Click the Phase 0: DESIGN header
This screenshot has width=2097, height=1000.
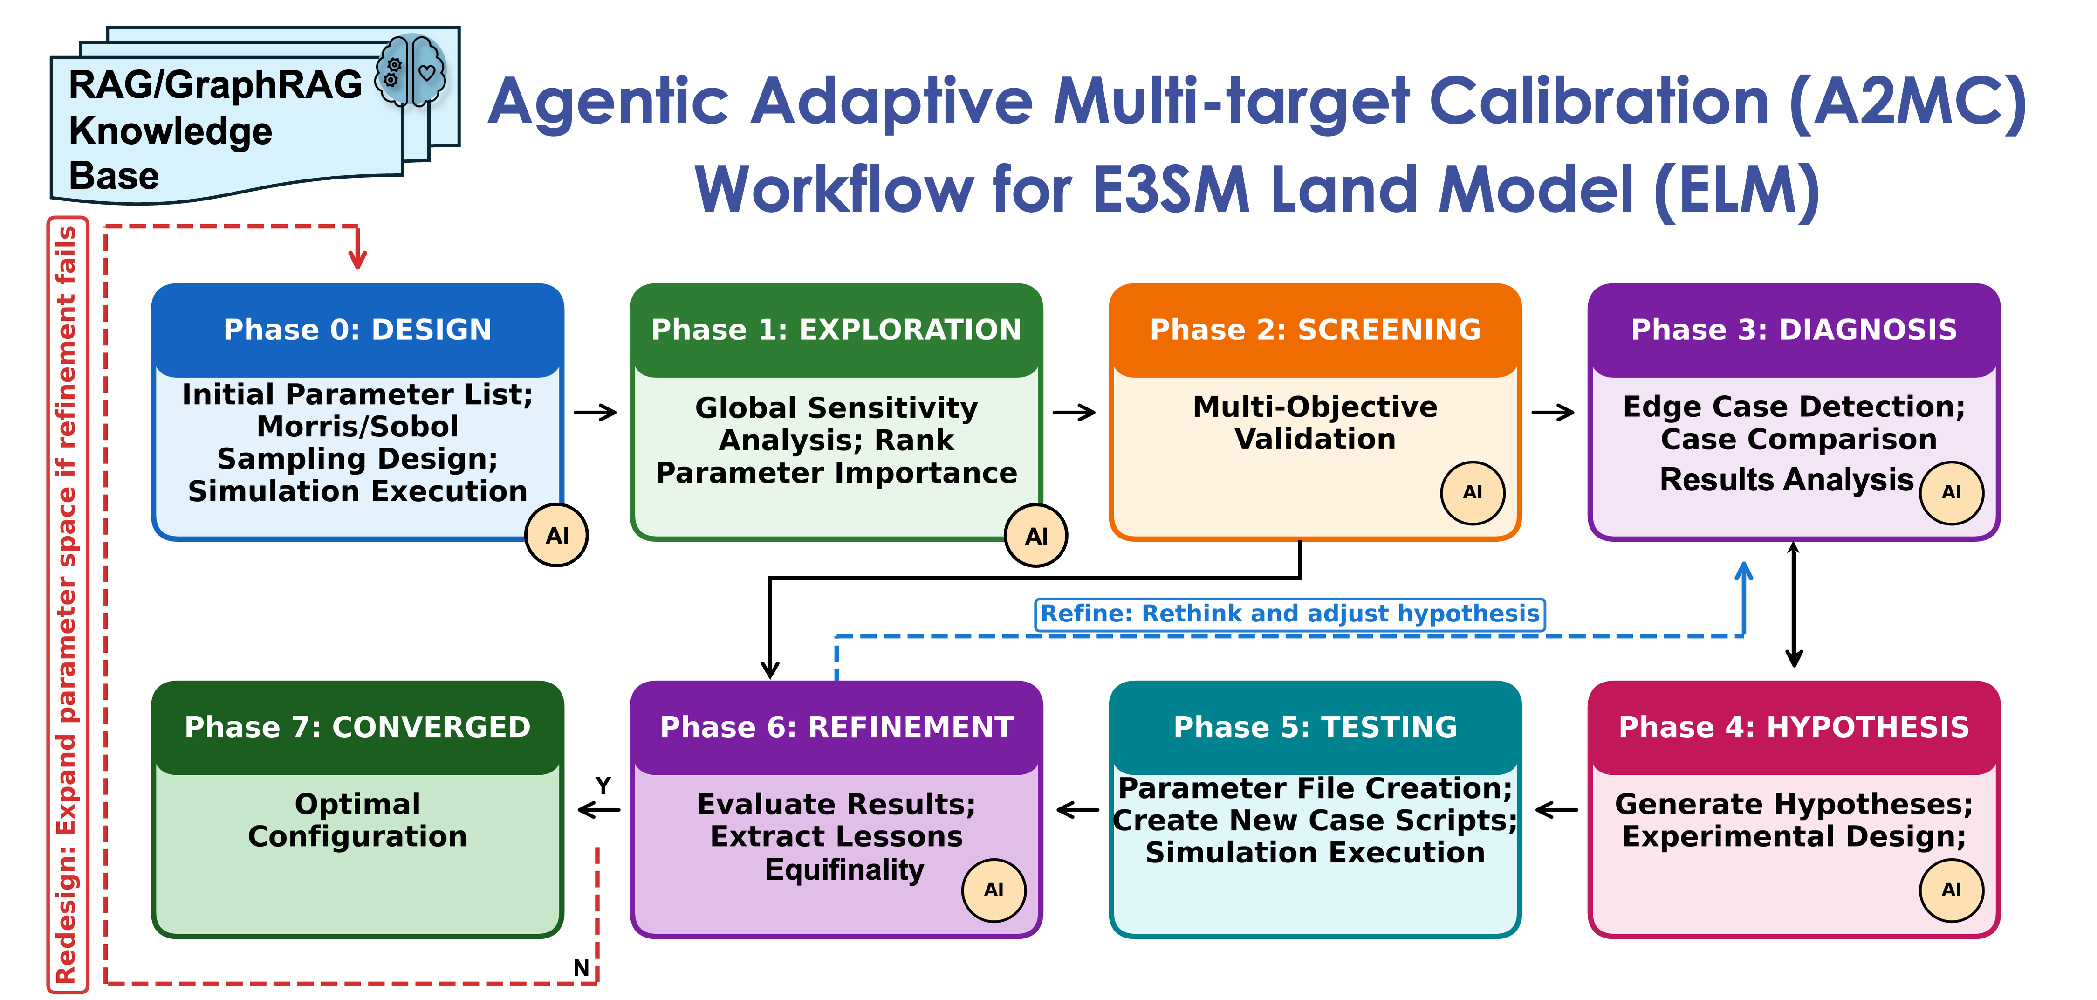(357, 330)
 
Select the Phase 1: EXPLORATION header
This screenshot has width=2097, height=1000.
(836, 330)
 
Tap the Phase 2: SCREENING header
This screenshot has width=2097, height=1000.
(1315, 330)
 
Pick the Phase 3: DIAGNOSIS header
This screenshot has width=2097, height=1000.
(1793, 330)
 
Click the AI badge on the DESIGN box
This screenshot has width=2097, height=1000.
(557, 536)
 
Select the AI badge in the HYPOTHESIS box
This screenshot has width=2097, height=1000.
(1951, 889)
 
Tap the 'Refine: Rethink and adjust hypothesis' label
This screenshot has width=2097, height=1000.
(1289, 613)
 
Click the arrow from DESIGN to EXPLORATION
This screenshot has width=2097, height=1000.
(596, 413)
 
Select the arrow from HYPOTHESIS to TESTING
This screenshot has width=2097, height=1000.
(1556, 810)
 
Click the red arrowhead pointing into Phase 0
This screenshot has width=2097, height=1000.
(357, 259)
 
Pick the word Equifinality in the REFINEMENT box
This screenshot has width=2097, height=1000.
(844, 870)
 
